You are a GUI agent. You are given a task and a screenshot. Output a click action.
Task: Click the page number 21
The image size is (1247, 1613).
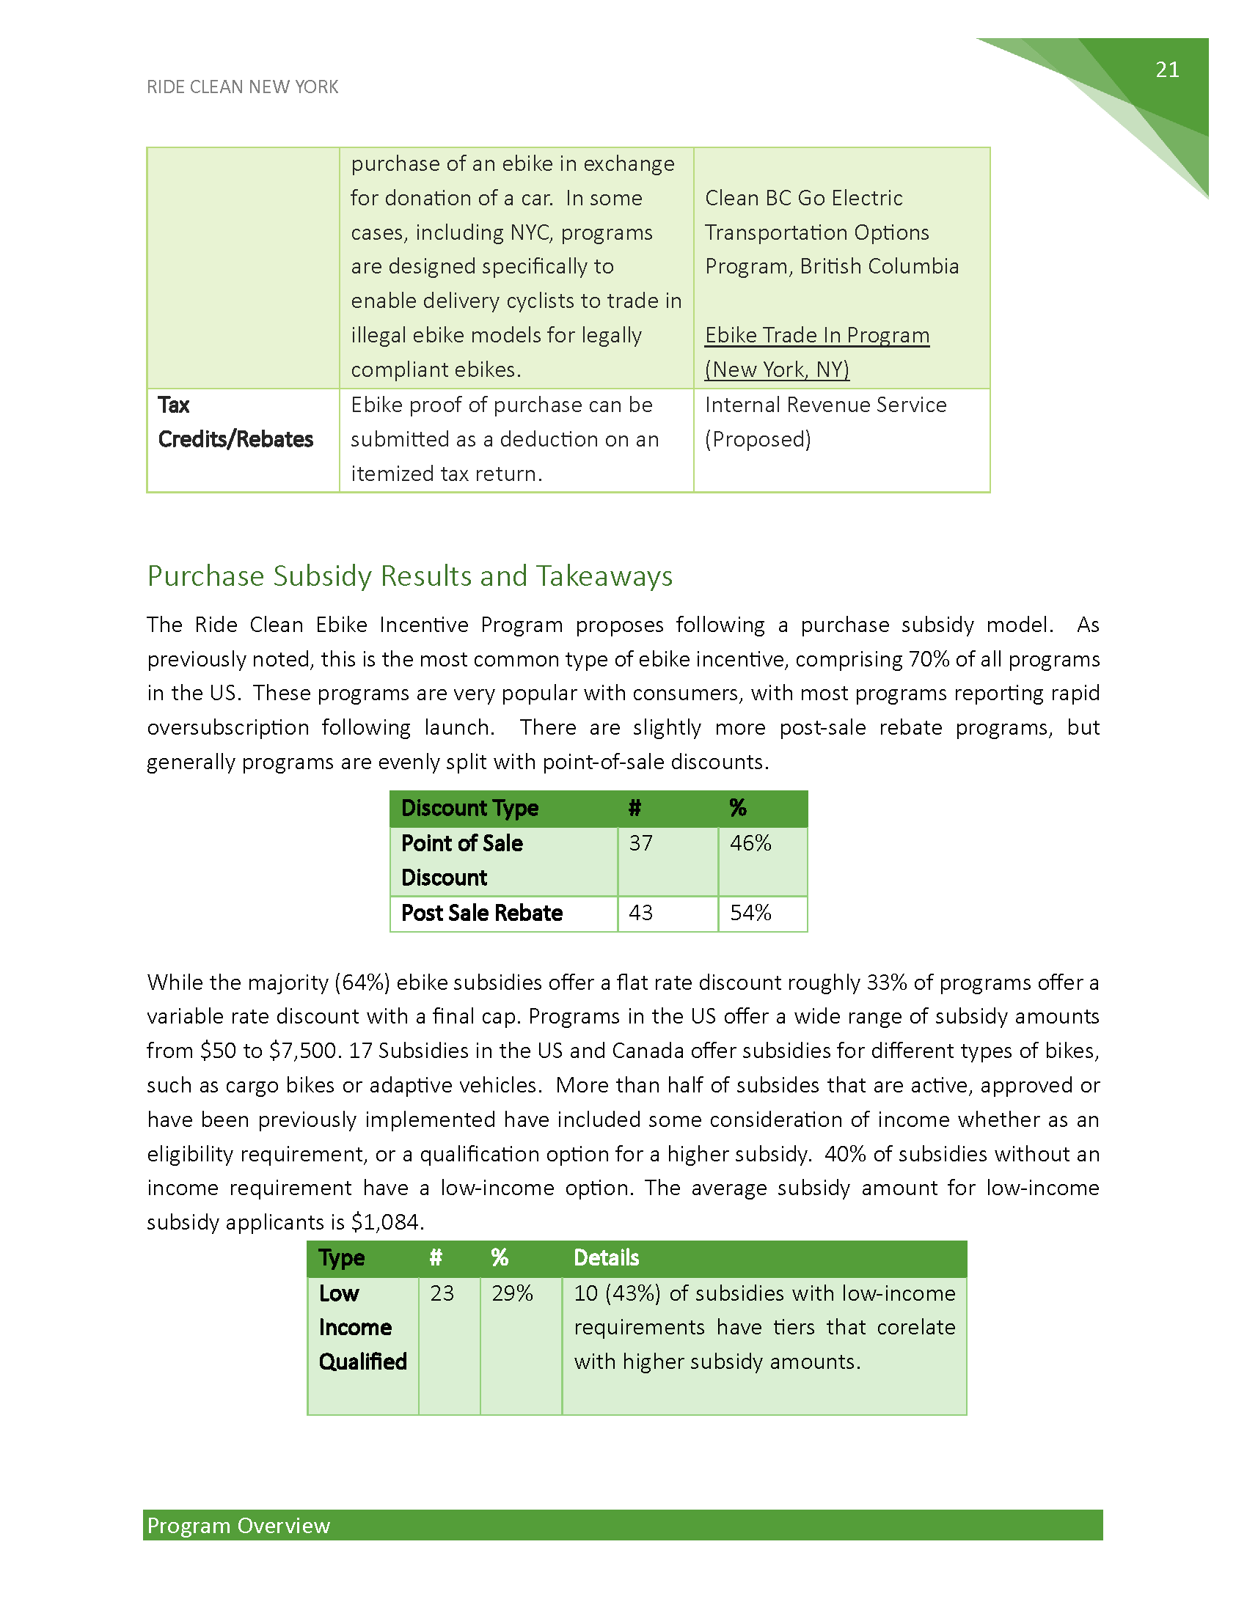pyautogui.click(x=1166, y=70)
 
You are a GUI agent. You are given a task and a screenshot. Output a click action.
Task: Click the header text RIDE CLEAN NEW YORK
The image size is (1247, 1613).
pyautogui.click(x=242, y=87)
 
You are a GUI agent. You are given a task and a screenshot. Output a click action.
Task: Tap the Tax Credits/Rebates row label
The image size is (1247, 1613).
pyautogui.click(x=235, y=422)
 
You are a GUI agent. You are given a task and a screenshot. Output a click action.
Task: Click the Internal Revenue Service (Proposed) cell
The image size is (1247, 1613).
pyautogui.click(x=825, y=422)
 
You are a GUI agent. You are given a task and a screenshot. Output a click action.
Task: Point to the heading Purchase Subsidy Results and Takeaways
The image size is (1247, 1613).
pyautogui.click(x=409, y=576)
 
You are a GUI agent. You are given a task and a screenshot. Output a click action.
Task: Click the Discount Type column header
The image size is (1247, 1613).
pyautogui.click(x=469, y=808)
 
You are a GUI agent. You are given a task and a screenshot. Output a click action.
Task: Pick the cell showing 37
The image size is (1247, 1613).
pyautogui.click(x=640, y=843)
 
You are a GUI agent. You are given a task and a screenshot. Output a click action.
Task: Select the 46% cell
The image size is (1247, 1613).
pyautogui.click(x=750, y=843)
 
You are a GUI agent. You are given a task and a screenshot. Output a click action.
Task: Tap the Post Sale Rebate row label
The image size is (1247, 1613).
pyautogui.click(x=482, y=914)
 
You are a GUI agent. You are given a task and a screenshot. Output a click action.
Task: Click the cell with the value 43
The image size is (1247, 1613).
pyautogui.click(x=640, y=914)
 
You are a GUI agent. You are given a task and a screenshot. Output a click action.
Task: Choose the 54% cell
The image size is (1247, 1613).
pyautogui.click(x=750, y=914)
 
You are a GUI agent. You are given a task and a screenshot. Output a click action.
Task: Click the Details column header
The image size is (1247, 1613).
pyautogui.click(x=606, y=1257)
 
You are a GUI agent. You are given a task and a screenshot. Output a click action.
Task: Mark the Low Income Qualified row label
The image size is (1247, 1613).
pyautogui.click(x=362, y=1327)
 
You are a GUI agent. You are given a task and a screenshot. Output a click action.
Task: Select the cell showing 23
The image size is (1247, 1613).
pyautogui.click(x=442, y=1293)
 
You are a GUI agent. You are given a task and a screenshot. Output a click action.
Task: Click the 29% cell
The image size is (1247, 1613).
pyautogui.click(x=512, y=1293)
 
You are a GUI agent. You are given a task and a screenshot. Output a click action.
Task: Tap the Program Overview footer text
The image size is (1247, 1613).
pyautogui.click(x=238, y=1526)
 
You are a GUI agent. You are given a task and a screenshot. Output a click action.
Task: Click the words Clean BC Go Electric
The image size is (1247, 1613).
pyautogui.click(x=803, y=198)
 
